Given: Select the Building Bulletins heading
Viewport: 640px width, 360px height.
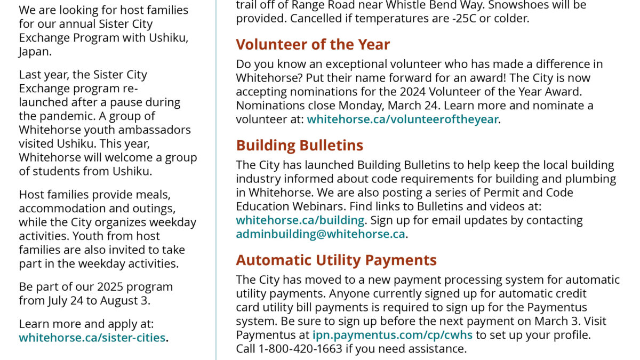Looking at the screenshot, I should [x=300, y=146].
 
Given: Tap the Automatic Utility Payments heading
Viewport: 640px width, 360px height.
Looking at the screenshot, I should [x=336, y=260].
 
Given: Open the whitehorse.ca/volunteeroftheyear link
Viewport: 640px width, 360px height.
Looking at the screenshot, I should [x=403, y=119].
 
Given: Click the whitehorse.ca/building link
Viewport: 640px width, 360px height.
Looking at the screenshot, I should [x=300, y=220].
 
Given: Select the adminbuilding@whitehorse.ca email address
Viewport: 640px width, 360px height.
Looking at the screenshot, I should [x=321, y=234].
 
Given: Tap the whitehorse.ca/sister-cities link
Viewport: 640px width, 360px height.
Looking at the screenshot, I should [x=92, y=338].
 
